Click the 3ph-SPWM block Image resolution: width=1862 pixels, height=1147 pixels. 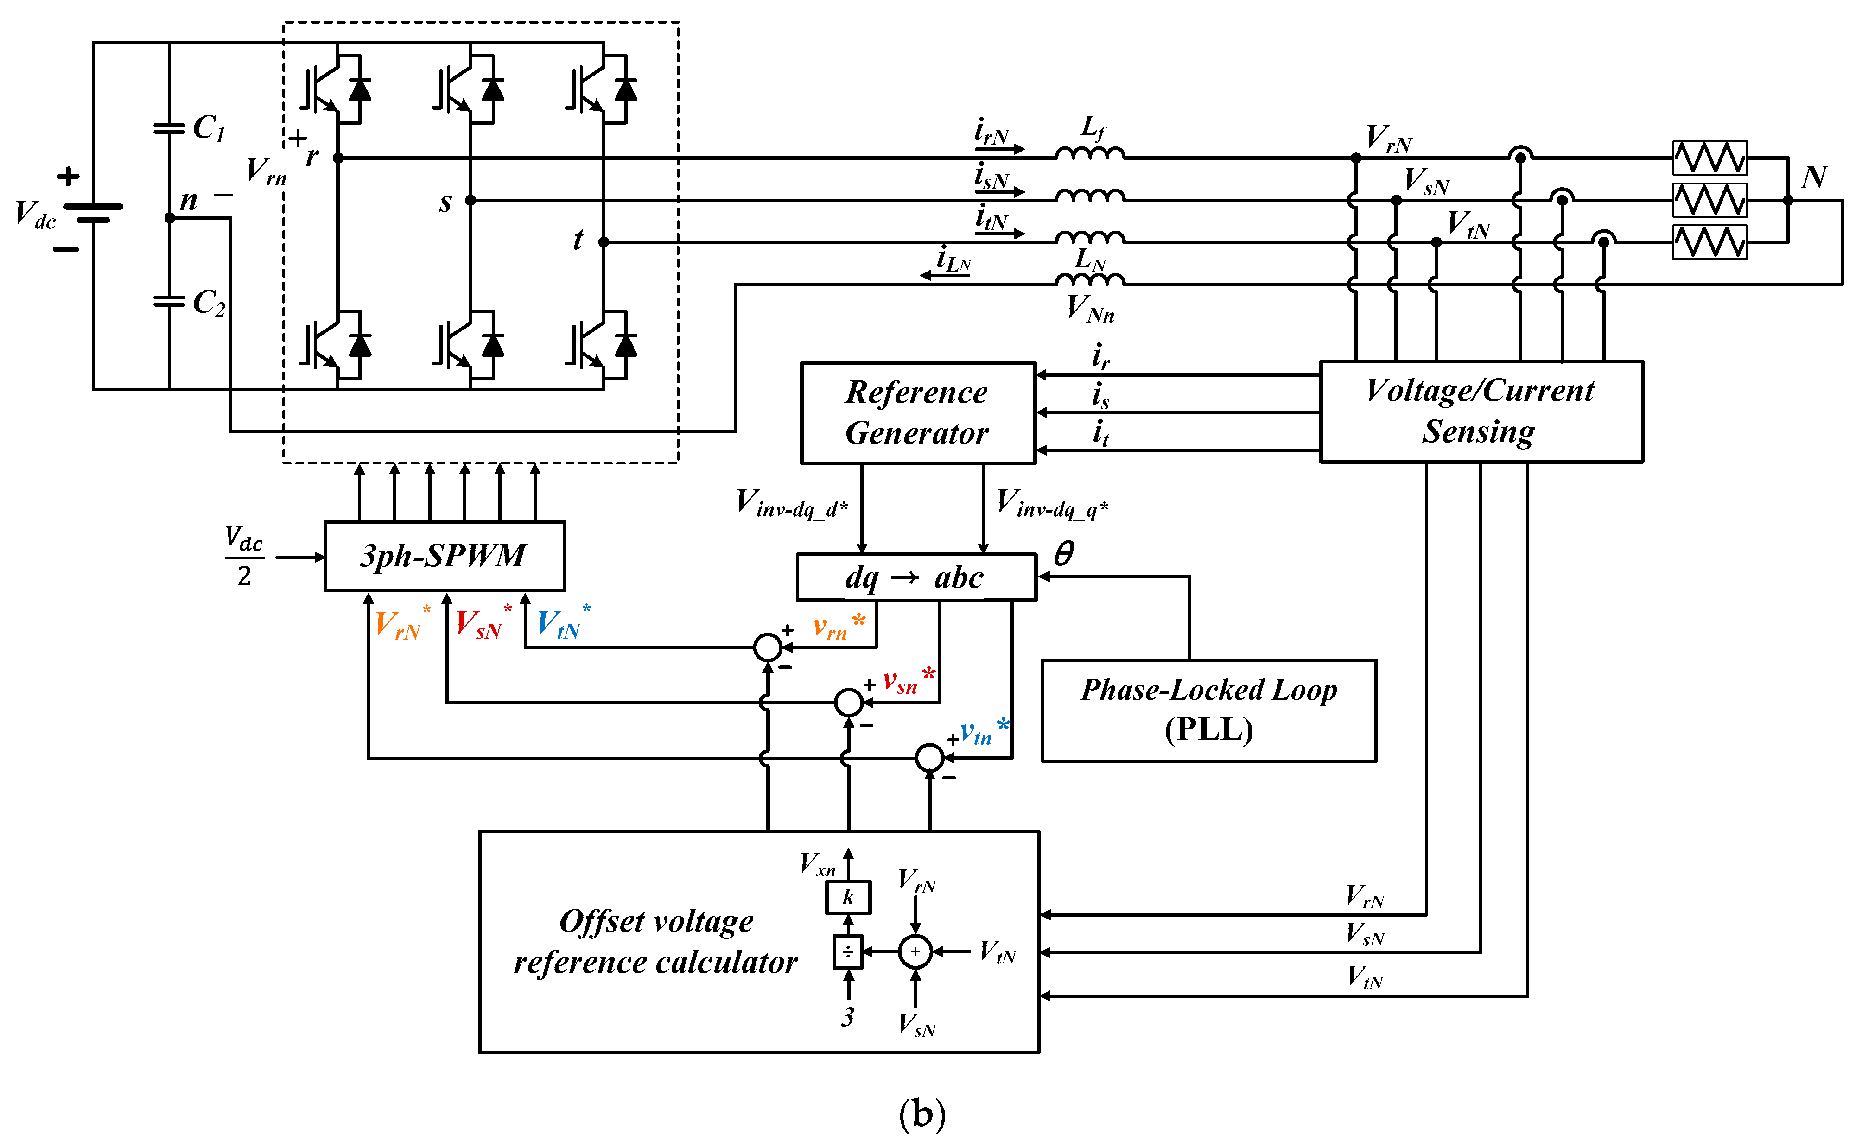tap(445, 556)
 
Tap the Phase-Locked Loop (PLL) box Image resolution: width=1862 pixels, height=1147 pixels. tap(1209, 710)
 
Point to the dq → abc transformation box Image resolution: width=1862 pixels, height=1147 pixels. tap(916, 577)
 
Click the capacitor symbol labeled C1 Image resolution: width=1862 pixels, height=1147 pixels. tap(168, 129)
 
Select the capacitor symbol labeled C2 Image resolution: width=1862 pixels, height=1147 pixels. tap(168, 302)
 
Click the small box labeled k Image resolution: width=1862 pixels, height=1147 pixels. tap(848, 897)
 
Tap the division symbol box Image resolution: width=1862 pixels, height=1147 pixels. tap(848, 951)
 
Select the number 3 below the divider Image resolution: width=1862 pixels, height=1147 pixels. tap(847, 1016)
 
